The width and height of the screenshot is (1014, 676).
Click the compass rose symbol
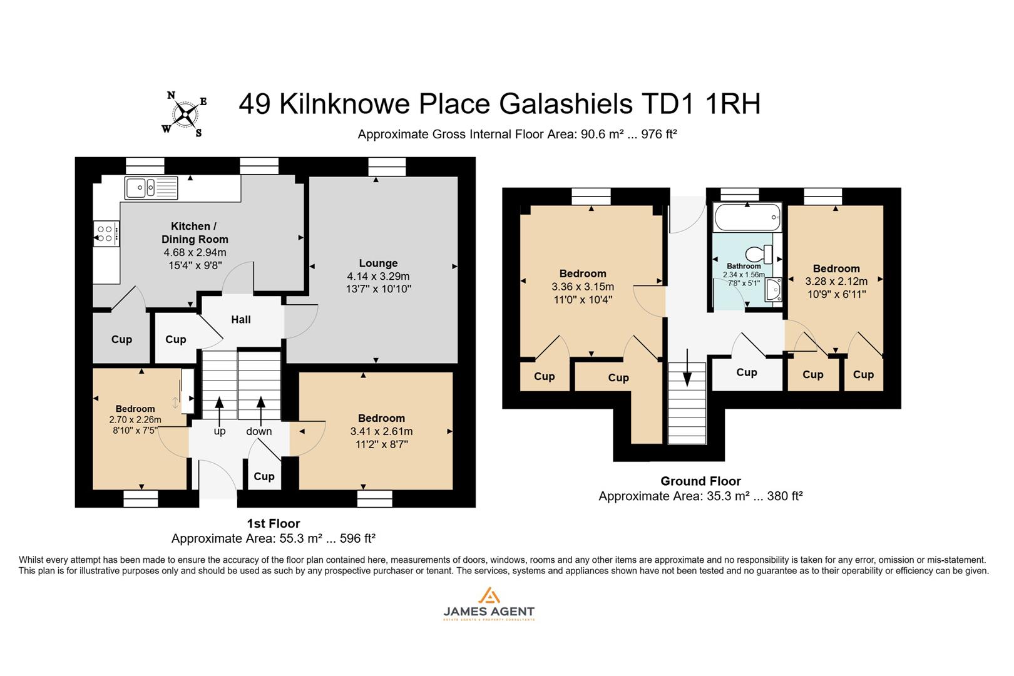(x=185, y=114)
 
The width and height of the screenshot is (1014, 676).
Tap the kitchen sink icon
(x=151, y=187)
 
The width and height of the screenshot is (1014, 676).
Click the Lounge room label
(x=378, y=263)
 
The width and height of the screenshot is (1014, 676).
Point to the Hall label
(x=240, y=320)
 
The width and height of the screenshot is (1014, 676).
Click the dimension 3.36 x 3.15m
(x=583, y=287)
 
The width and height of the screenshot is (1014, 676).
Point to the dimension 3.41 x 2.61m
(x=381, y=431)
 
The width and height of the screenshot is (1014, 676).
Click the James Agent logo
(x=489, y=604)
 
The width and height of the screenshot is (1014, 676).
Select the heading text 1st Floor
(x=274, y=524)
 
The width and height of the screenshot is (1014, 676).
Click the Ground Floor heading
(x=700, y=481)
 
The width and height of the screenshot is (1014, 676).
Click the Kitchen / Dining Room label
(x=195, y=232)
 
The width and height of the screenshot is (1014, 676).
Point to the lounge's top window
(x=387, y=166)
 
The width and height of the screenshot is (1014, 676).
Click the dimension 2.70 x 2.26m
(x=135, y=420)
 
